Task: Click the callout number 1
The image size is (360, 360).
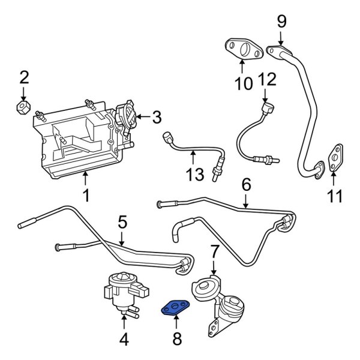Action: (x=85, y=195)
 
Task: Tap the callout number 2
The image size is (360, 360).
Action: (x=23, y=76)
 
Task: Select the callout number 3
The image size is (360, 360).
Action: (x=157, y=118)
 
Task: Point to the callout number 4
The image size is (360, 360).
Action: (x=124, y=340)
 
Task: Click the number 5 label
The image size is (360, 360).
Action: (x=122, y=223)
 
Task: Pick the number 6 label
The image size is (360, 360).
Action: (x=245, y=184)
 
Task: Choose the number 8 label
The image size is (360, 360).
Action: (x=176, y=340)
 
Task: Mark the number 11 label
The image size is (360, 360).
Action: (x=336, y=195)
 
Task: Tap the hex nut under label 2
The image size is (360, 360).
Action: (x=23, y=108)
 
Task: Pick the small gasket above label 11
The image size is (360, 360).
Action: (x=336, y=158)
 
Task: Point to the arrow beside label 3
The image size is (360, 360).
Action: (x=142, y=118)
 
